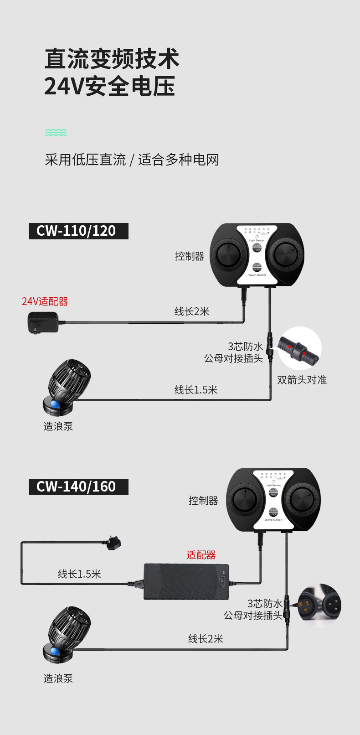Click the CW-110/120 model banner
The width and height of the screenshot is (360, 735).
click(78, 231)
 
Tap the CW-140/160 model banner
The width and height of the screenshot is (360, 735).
click(78, 487)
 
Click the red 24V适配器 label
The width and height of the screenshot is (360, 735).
click(45, 301)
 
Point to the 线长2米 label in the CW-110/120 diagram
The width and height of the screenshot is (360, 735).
click(192, 311)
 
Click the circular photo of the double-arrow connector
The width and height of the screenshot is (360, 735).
click(299, 348)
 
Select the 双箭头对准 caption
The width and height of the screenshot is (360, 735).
click(302, 380)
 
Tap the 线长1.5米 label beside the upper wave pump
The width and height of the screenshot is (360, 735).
click(196, 390)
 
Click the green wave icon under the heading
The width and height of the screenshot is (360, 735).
click(56, 133)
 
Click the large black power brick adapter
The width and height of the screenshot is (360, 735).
click(186, 581)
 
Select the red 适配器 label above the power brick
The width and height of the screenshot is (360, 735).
click(201, 555)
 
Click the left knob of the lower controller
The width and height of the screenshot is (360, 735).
click(245, 500)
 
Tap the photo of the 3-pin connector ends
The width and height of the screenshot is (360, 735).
click(319, 606)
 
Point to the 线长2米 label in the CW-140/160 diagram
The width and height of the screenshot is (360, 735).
click(206, 639)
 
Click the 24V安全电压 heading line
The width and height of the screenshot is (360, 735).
click(110, 86)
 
